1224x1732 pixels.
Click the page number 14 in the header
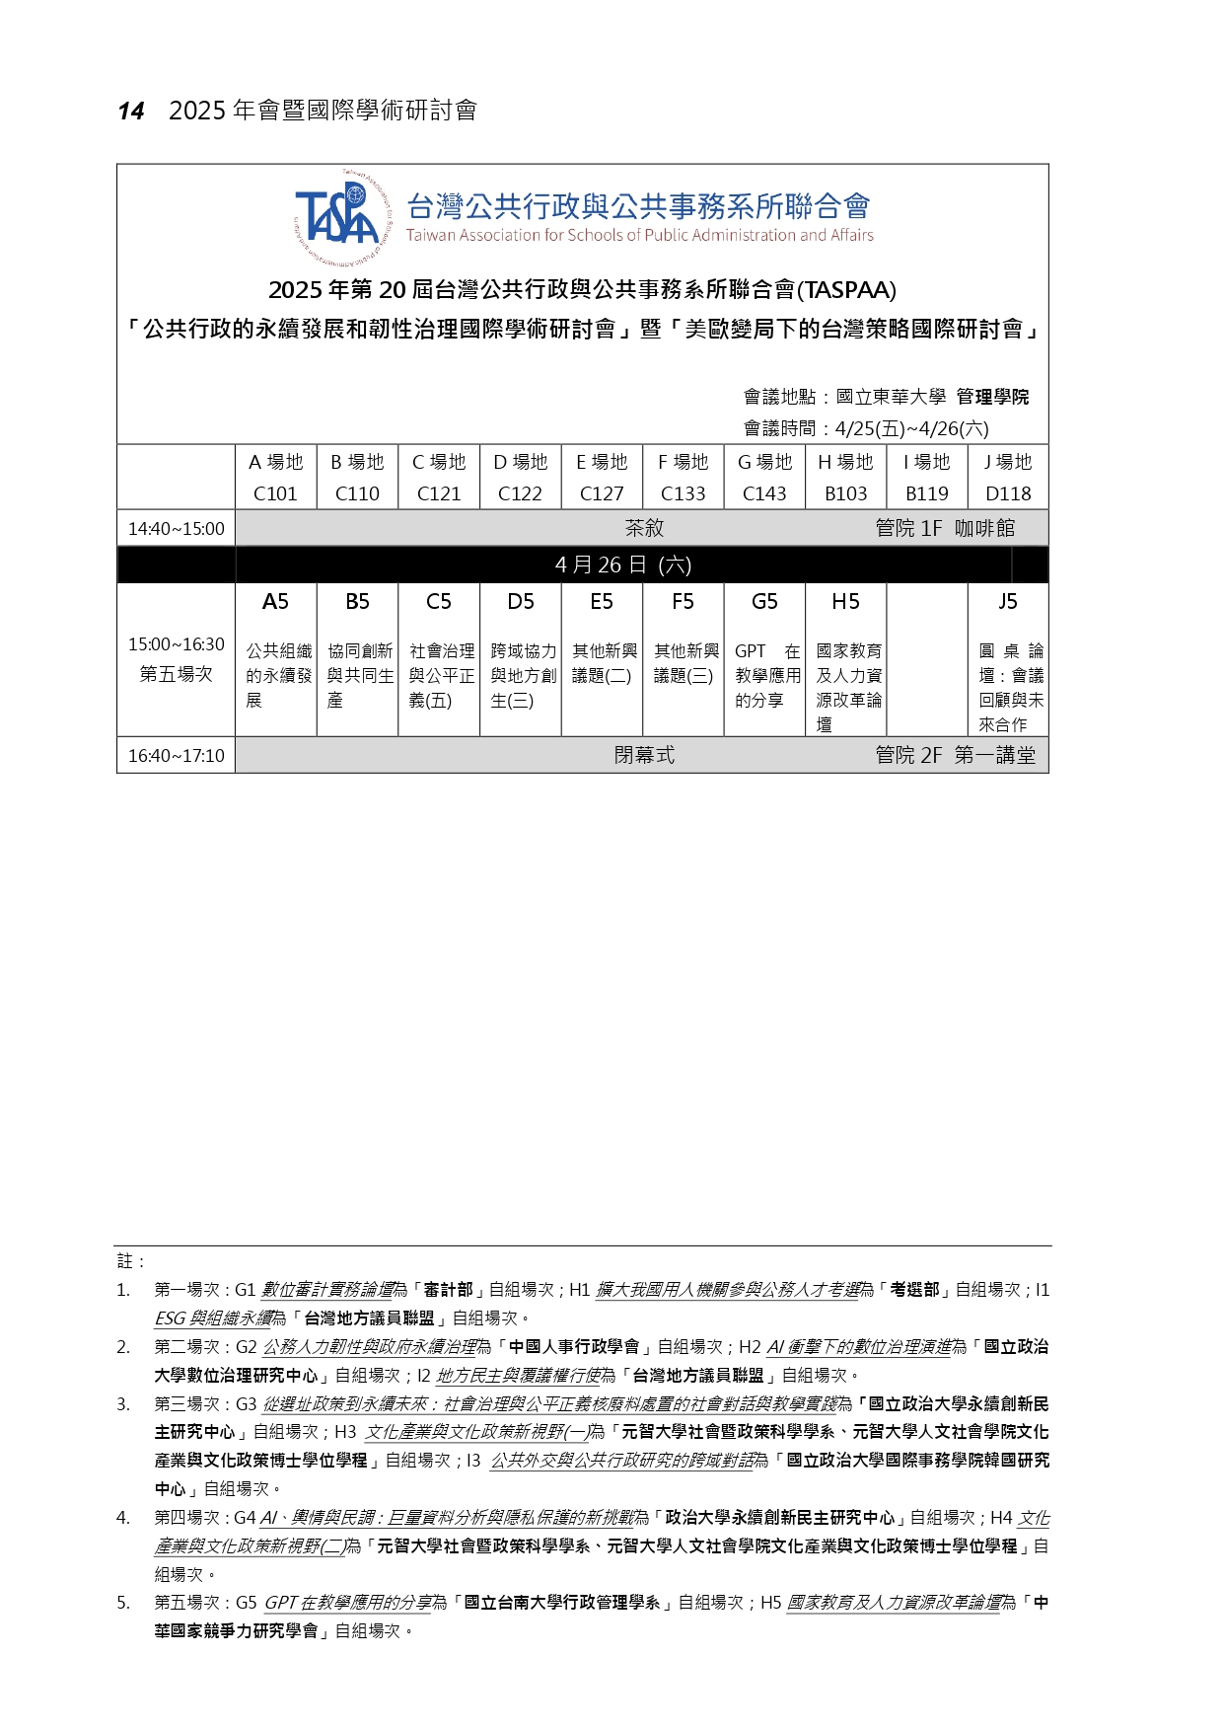pyautogui.click(x=131, y=112)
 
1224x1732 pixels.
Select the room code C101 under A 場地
pyautogui.click(x=275, y=493)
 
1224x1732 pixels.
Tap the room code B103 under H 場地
pyautogui.click(x=845, y=493)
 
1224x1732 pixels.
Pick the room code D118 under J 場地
pyautogui.click(x=1007, y=493)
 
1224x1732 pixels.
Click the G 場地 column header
pyautogui.click(x=764, y=462)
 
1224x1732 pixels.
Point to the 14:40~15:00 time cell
pyautogui.click(x=177, y=529)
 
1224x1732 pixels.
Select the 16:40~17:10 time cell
pyautogui.click(x=177, y=756)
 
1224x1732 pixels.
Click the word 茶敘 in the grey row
pyautogui.click(x=644, y=529)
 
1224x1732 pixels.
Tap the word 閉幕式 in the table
pyautogui.click(x=644, y=756)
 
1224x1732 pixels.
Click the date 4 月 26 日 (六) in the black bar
pyautogui.click(x=623, y=565)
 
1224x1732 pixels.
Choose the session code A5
pyautogui.click(x=275, y=602)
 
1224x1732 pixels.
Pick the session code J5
pyautogui.click(x=1007, y=602)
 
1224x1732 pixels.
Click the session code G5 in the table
pyautogui.click(x=764, y=602)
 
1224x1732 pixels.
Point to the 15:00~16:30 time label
pyautogui.click(x=177, y=644)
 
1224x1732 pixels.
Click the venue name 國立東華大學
pyautogui.click(x=891, y=397)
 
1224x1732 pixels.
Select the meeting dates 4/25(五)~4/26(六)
pyautogui.click(x=911, y=428)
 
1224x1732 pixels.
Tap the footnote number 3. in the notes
pyautogui.click(x=123, y=1404)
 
